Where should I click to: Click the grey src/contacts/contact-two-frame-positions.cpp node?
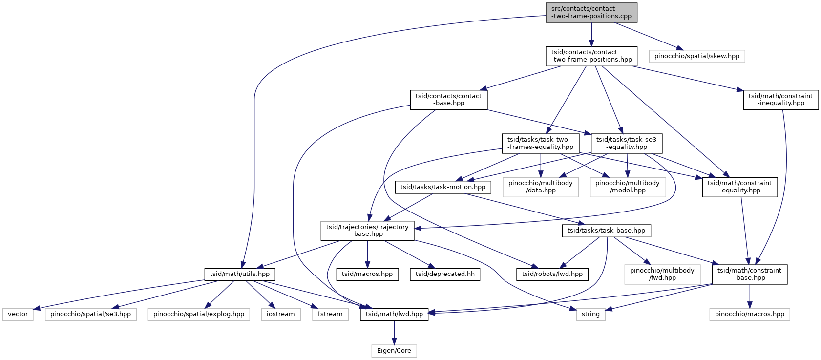click(591, 13)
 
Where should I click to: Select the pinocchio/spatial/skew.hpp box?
click(697, 57)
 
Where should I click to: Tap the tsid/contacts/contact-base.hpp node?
click(449, 100)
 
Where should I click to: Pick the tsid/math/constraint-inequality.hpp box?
click(780, 100)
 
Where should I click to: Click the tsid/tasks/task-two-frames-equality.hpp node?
click(541, 143)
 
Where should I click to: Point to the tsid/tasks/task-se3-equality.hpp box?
click(627, 143)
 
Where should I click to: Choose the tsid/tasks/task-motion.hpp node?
click(443, 187)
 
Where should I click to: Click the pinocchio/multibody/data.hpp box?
click(541, 187)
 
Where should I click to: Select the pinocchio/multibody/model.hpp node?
click(628, 187)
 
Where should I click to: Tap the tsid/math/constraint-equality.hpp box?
click(739, 187)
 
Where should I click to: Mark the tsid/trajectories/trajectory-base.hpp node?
click(367, 231)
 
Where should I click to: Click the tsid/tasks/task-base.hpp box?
click(606, 231)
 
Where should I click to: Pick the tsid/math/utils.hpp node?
click(240, 274)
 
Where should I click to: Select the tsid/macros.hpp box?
click(367, 274)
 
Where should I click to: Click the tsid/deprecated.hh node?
click(445, 274)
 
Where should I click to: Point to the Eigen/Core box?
click(394, 351)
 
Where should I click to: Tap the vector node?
click(18, 315)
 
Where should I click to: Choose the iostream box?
click(281, 315)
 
